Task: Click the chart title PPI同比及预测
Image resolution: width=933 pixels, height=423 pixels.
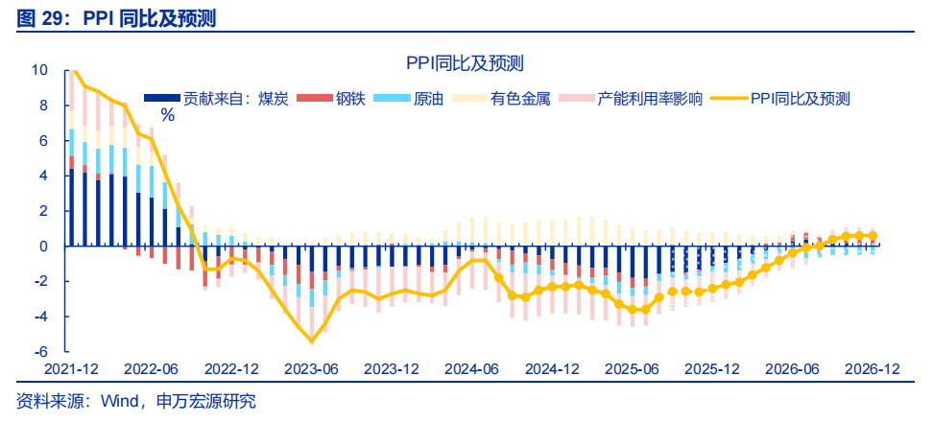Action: click(x=464, y=63)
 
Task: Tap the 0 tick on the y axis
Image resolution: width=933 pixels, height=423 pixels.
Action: click(x=43, y=247)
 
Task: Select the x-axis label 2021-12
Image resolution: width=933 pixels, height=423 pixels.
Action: click(x=70, y=369)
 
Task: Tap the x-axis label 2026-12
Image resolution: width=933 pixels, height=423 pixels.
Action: click(x=872, y=369)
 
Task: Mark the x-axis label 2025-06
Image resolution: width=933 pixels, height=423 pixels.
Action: click(x=633, y=369)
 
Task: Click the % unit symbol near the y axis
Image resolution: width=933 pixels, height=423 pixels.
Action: click(x=167, y=115)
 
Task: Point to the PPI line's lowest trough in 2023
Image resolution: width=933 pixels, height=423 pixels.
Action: click(x=312, y=341)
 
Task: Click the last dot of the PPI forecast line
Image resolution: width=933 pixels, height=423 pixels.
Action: click(x=873, y=236)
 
